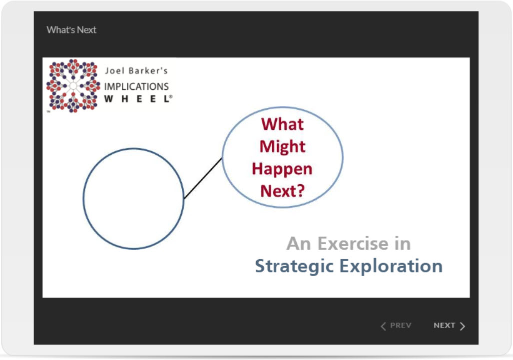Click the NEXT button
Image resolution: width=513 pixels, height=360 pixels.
pos(449,326)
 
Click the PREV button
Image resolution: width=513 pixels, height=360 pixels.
pos(396,326)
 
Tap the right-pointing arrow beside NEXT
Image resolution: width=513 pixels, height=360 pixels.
pos(462,326)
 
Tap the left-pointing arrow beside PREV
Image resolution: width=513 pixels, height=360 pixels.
pos(383,326)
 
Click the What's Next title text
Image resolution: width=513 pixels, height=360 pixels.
pos(71,30)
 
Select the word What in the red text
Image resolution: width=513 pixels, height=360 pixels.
pos(282,124)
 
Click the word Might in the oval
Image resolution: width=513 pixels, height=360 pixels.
pos(282,146)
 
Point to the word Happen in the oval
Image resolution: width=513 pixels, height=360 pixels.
pos(282,169)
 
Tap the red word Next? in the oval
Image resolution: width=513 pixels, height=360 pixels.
pos(283,191)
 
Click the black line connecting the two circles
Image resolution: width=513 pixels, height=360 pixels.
pos(203,179)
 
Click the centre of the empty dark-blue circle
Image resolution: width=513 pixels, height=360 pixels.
pos(133,199)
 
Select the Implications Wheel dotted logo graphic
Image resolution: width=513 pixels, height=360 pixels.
pos(73,86)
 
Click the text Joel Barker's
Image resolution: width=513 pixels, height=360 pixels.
pos(136,70)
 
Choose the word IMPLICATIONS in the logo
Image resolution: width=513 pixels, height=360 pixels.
pos(136,87)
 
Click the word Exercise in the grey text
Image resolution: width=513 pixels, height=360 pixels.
pos(353,244)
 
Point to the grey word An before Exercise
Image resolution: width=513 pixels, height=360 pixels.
pos(298,244)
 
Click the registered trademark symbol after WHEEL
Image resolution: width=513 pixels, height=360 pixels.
pos(171,96)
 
